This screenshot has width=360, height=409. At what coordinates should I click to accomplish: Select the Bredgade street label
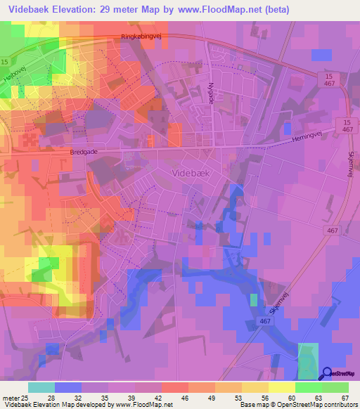coord(85,152)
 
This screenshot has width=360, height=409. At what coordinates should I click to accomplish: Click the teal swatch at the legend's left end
coord(41,387)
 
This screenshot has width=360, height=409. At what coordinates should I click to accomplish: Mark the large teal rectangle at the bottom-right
coord(308,361)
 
